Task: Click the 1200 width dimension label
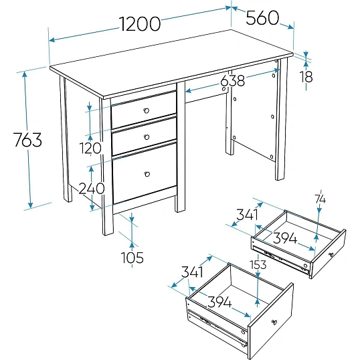[x=140, y=24]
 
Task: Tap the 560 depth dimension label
[x=262, y=18]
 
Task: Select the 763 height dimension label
[x=27, y=140]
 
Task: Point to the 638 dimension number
[x=233, y=80]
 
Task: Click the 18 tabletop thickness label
[x=306, y=77]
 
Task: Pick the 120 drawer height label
[x=90, y=148]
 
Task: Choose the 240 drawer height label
[x=92, y=189]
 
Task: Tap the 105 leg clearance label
[x=132, y=258]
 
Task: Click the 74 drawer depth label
[x=320, y=199]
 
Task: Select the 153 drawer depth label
[x=258, y=264]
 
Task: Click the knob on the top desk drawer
[x=147, y=110]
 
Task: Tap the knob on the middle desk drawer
[x=147, y=137]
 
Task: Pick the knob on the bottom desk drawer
[x=147, y=174]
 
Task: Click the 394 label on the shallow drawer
[x=285, y=238]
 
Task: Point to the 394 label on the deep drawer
[x=219, y=302]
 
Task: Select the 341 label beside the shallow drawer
[x=247, y=215]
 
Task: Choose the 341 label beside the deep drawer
[x=192, y=272]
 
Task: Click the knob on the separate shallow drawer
[x=331, y=255]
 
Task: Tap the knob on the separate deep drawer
[x=274, y=323]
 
